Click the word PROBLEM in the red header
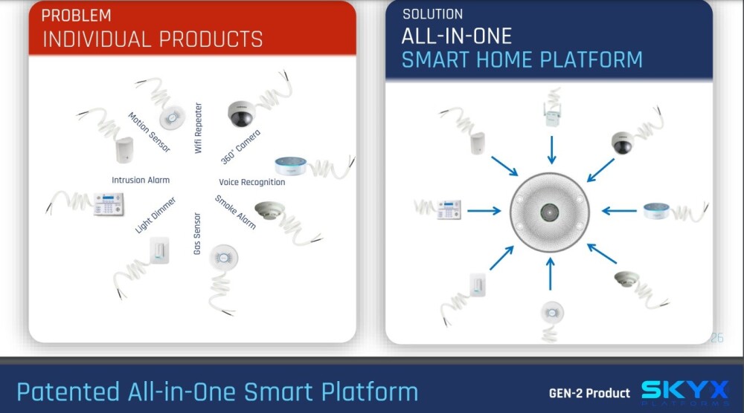tap(77, 16)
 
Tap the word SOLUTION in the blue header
tap(433, 14)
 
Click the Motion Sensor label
tap(149, 132)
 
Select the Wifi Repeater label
tap(199, 128)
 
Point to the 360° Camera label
tap(240, 147)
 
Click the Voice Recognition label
tap(252, 182)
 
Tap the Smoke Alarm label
tap(235, 212)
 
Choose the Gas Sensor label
tap(197, 233)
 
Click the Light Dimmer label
tap(155, 215)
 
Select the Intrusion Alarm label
tap(141, 180)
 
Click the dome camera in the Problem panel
tap(241, 114)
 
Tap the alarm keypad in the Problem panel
tap(109, 204)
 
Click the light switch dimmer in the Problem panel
tap(159, 250)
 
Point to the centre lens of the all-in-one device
tap(550, 212)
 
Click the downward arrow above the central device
tap(551, 150)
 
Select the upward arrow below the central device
tap(551, 274)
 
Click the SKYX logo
tap(685, 393)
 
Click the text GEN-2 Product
tap(589, 393)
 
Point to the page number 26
tap(717, 338)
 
